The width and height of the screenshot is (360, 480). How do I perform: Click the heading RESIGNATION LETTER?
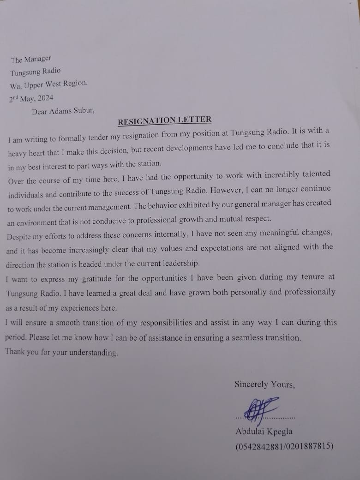[165, 120]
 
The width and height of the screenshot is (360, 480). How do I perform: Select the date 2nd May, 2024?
[31, 98]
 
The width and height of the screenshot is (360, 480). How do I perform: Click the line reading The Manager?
[31, 60]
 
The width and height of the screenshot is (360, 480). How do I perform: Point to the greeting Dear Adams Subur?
[63, 111]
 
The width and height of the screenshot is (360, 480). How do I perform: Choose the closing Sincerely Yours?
[264, 384]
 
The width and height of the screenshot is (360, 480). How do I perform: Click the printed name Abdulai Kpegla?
[264, 432]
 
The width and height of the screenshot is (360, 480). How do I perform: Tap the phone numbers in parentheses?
[284, 447]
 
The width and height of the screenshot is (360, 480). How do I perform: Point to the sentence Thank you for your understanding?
[61, 353]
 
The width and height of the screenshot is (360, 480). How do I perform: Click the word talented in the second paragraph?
[313, 174]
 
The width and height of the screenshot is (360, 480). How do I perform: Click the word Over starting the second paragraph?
[17, 181]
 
